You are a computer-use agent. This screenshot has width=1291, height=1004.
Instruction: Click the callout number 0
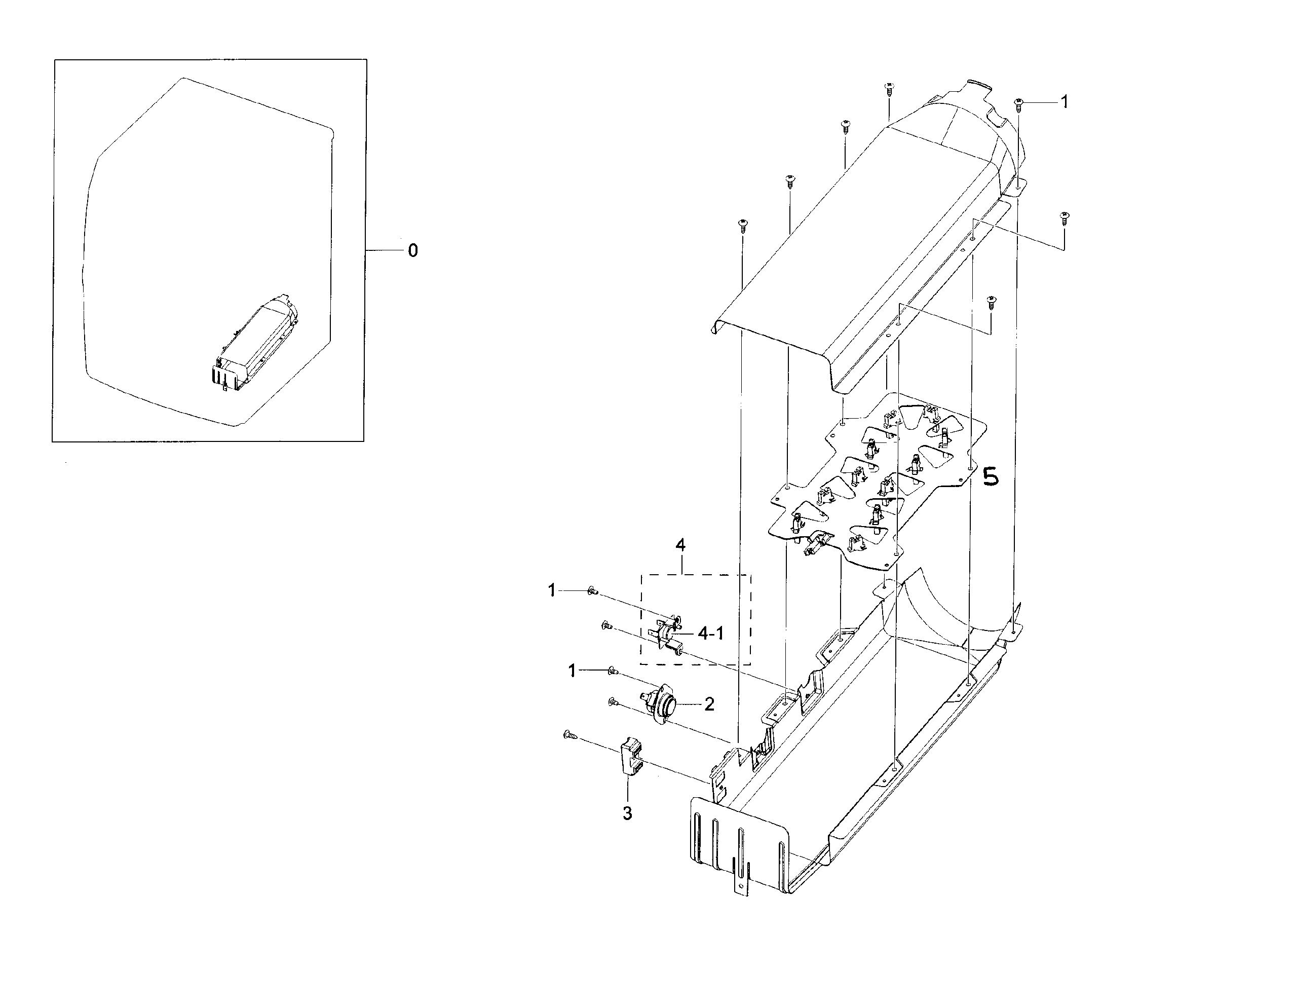[412, 251]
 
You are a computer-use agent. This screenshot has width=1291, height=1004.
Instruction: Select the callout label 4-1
[710, 634]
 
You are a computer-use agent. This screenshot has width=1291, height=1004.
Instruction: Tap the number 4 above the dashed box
[680, 546]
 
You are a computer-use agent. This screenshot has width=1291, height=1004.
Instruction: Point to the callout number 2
[709, 704]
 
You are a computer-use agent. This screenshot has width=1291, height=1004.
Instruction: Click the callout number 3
[627, 813]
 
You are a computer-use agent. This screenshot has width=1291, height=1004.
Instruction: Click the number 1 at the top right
[1064, 102]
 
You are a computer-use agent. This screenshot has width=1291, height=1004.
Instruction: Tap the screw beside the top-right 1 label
[1018, 104]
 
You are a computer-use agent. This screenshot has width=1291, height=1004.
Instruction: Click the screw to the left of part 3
[569, 735]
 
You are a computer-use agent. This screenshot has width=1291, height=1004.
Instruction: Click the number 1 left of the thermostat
[572, 671]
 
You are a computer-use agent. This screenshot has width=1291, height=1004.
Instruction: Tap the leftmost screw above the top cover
[741, 225]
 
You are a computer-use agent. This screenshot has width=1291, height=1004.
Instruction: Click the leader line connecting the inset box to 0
[384, 251]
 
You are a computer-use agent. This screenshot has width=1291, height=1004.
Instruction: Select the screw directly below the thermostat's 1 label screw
[613, 702]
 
